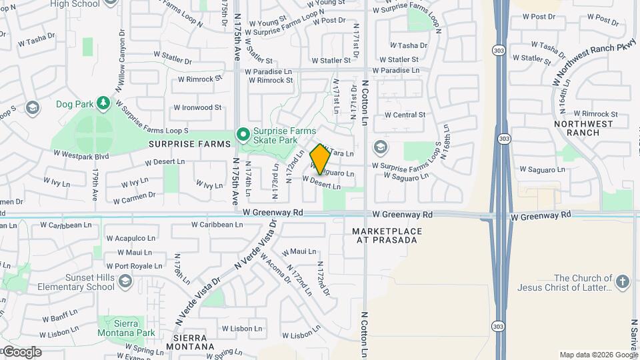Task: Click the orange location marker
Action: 320,159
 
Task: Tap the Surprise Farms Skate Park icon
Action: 244,135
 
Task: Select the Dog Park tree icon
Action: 103,103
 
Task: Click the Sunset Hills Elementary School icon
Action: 125,282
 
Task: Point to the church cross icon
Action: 623,282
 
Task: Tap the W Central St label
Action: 405,115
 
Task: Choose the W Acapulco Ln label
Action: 131,237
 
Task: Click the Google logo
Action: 22,352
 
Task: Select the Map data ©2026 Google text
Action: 598,355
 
